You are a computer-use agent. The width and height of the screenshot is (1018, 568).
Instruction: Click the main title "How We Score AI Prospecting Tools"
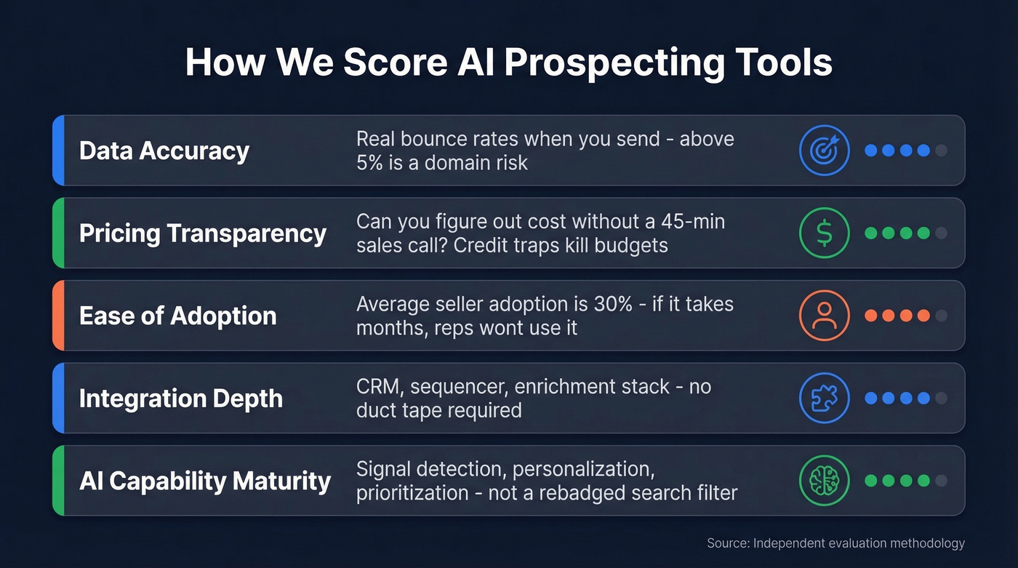click(x=508, y=63)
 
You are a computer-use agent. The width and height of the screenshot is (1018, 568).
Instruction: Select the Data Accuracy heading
click(x=164, y=151)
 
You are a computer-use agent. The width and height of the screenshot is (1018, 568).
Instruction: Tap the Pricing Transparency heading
click(x=202, y=233)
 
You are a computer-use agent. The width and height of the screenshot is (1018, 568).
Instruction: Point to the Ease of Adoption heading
click(x=177, y=316)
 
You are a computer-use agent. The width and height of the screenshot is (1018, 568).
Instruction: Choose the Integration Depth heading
click(x=180, y=399)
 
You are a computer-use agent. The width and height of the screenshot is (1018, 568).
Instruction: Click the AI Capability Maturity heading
click(x=204, y=481)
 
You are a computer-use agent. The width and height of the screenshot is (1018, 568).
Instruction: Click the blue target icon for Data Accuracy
click(x=824, y=151)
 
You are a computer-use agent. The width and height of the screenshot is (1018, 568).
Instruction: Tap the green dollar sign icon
click(x=824, y=233)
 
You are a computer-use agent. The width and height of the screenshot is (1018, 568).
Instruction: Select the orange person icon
click(x=824, y=316)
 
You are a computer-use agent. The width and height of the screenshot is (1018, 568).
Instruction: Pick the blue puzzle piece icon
click(x=824, y=399)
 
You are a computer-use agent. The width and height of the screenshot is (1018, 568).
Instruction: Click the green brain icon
click(x=824, y=481)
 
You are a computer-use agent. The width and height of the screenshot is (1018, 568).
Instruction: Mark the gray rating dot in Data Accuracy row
click(x=941, y=151)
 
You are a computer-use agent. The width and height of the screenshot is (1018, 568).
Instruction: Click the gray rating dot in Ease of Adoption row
click(x=941, y=316)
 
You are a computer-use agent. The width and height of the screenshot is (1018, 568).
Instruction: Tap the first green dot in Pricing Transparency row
click(x=870, y=233)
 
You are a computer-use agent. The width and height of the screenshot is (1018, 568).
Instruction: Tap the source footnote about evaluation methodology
click(x=835, y=543)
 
